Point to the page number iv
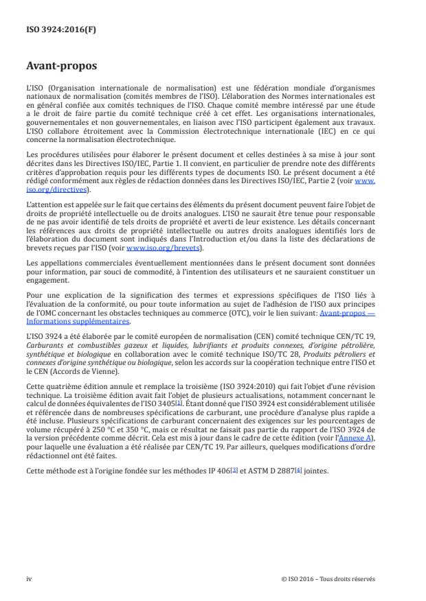(x=29, y=578)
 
